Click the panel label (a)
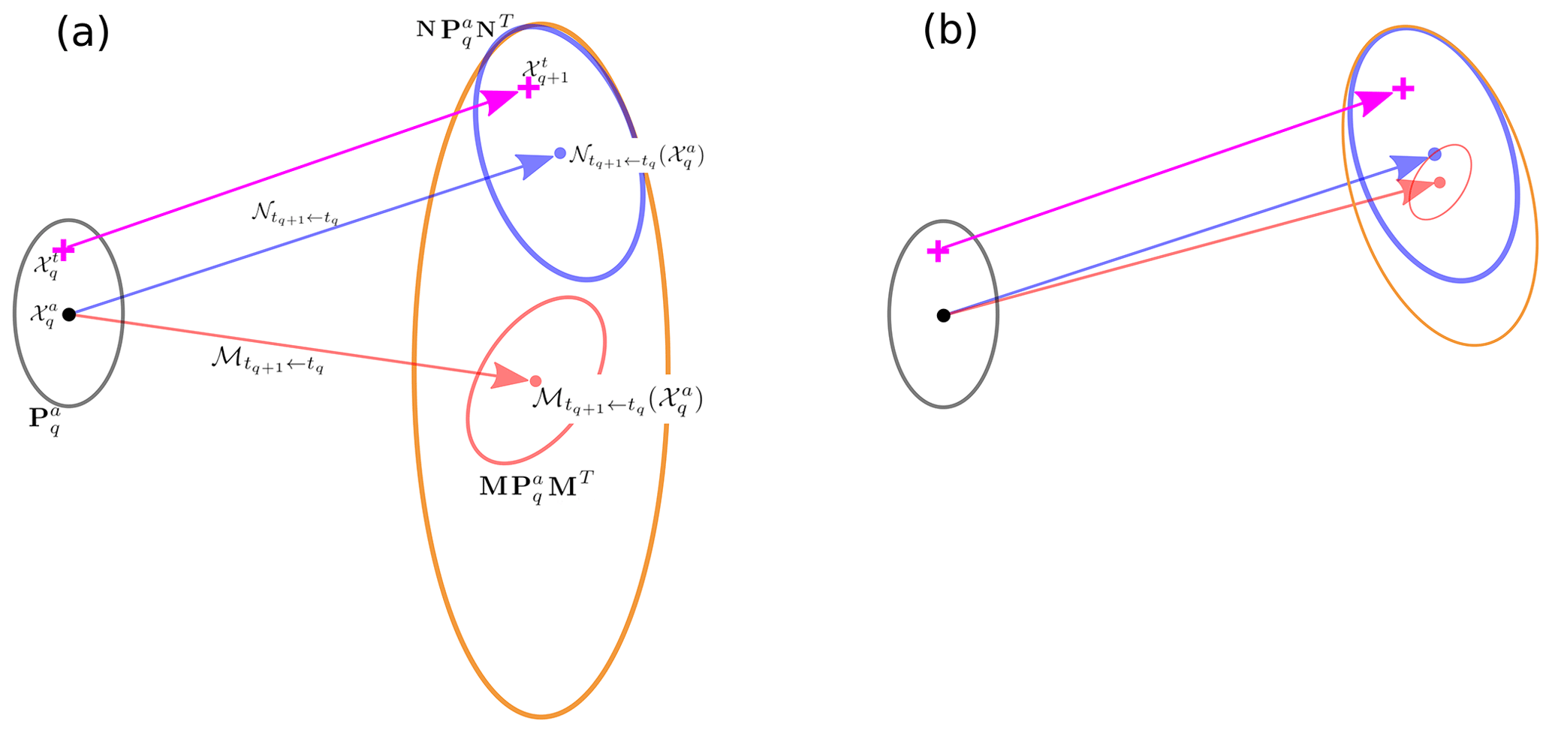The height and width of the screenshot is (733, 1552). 83,33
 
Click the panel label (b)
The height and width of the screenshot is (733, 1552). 950,32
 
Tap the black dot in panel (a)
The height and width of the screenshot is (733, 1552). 68,314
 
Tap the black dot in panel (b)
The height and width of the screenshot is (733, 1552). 944,315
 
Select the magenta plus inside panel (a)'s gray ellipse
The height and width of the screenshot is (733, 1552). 64,250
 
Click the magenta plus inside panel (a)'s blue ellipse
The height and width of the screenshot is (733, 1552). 529,89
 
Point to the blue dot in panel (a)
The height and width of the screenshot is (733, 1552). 559,153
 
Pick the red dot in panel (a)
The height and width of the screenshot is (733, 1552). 535,381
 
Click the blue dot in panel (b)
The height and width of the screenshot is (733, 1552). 1435,155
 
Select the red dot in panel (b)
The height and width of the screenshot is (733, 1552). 1439,182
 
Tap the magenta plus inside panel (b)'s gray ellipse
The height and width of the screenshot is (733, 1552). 938,251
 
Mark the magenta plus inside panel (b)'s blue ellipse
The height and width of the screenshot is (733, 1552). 1403,90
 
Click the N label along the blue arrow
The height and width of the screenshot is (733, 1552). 294,215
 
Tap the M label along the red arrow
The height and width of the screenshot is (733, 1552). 267,362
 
